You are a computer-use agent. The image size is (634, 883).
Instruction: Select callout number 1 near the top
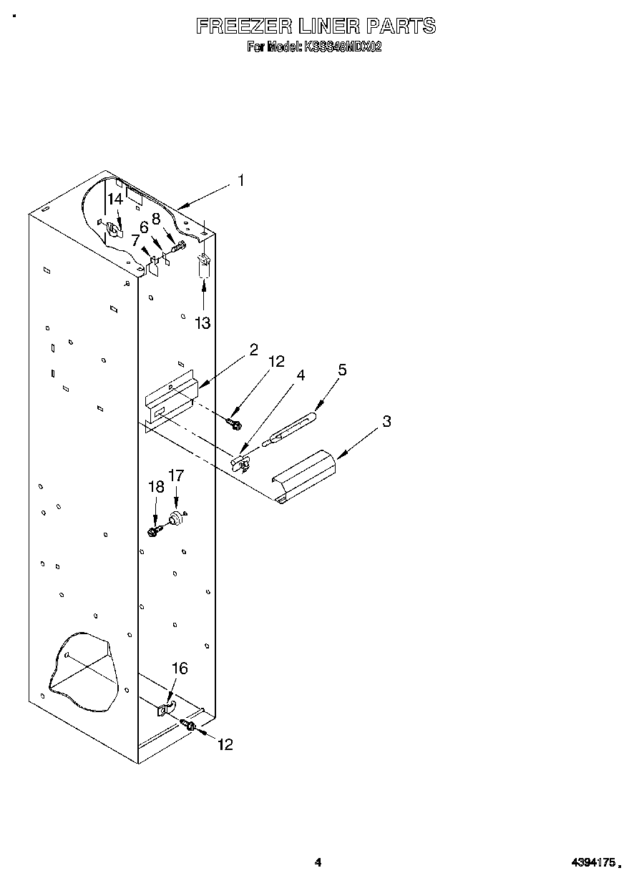(x=240, y=181)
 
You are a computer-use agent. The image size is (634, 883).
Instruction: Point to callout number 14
(x=115, y=199)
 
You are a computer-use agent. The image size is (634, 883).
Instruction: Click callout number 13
(x=203, y=323)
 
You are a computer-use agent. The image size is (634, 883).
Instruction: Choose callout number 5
(x=342, y=370)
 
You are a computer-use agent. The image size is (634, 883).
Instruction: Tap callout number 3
(x=386, y=421)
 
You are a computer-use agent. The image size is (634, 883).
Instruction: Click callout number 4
(x=301, y=375)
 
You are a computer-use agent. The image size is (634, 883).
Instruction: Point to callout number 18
(x=156, y=487)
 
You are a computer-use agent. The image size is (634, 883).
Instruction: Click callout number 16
(x=180, y=668)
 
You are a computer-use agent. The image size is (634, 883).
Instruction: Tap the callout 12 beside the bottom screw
(x=225, y=744)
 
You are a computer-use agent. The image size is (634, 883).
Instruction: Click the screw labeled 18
(x=153, y=531)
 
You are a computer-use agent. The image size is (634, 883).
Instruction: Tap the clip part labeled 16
(x=165, y=710)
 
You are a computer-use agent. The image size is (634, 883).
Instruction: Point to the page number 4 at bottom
(x=318, y=863)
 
